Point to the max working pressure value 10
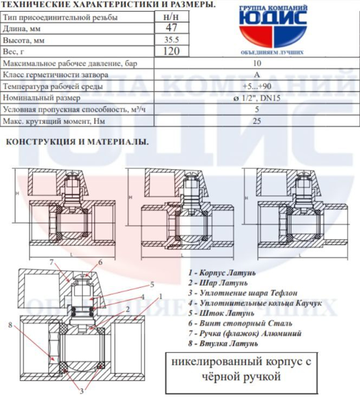(x=257, y=63)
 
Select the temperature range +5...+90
(x=257, y=86)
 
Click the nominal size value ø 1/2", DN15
(x=257, y=98)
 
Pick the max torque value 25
(x=257, y=121)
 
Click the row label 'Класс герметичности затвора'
(x=56, y=75)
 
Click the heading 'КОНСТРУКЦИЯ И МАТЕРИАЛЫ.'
(x=77, y=142)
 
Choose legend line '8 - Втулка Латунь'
(x=223, y=343)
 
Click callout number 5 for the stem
(x=152, y=284)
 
